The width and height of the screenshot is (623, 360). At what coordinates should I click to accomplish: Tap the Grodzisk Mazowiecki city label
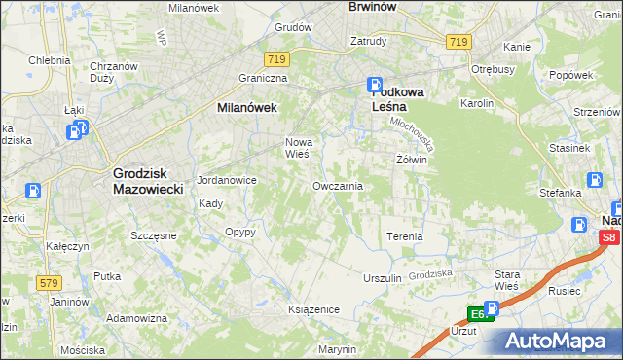click(x=148, y=181)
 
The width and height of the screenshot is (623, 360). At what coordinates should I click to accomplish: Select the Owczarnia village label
click(x=338, y=185)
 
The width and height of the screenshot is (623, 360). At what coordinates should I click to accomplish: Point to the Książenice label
click(x=313, y=308)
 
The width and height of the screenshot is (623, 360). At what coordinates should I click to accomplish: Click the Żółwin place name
click(x=412, y=159)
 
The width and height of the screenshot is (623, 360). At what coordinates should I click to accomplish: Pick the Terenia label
click(x=404, y=236)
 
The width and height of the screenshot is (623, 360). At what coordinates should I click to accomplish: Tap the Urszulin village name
click(x=382, y=277)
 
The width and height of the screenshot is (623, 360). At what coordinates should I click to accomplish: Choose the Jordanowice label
click(x=226, y=180)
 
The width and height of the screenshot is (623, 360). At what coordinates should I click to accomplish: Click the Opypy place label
click(x=239, y=232)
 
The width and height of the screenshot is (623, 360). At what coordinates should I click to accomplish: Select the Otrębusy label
click(x=492, y=69)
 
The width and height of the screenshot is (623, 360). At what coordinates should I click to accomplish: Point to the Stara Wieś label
click(x=508, y=281)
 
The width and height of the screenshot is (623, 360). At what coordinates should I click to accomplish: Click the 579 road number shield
click(x=49, y=283)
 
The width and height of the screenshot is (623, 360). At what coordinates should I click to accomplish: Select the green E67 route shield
click(x=478, y=314)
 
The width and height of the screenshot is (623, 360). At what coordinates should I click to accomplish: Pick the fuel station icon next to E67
click(x=490, y=308)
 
